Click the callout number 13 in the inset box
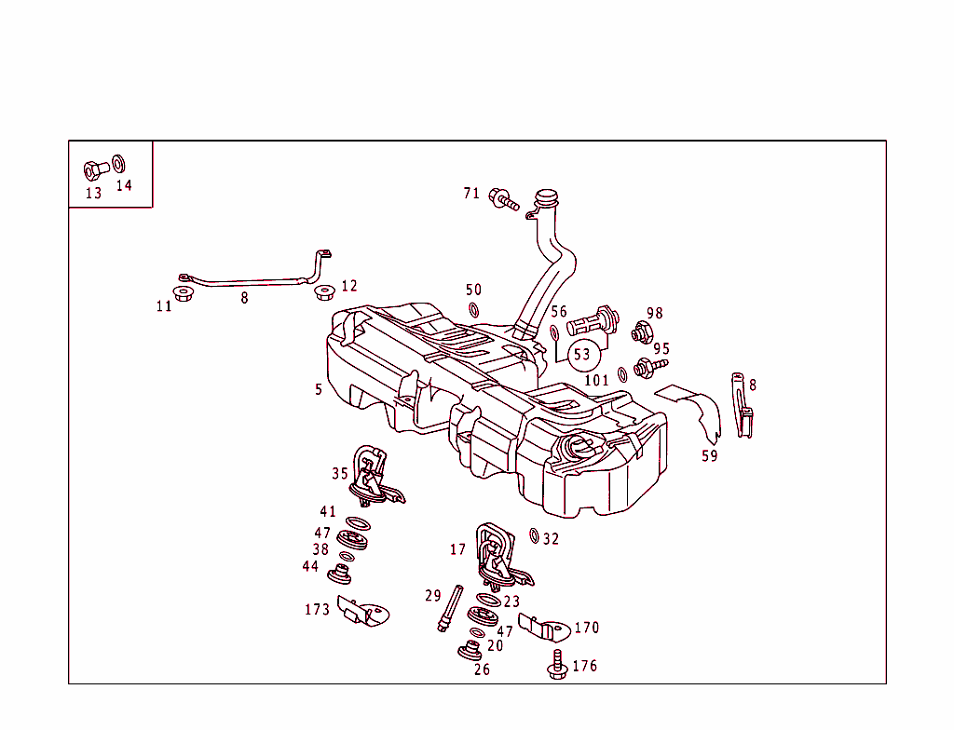point(93,194)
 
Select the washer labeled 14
point(119,164)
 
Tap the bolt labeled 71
point(504,198)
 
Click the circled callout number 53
point(582,355)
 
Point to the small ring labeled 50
point(473,310)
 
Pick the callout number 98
point(655,314)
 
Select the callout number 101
point(596,380)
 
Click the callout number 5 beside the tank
point(319,389)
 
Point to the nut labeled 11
point(184,295)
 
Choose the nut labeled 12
point(324,293)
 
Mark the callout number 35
point(340,474)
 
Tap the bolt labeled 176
point(558,665)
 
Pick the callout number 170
point(586,628)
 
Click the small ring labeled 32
point(534,535)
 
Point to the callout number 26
point(482,669)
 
